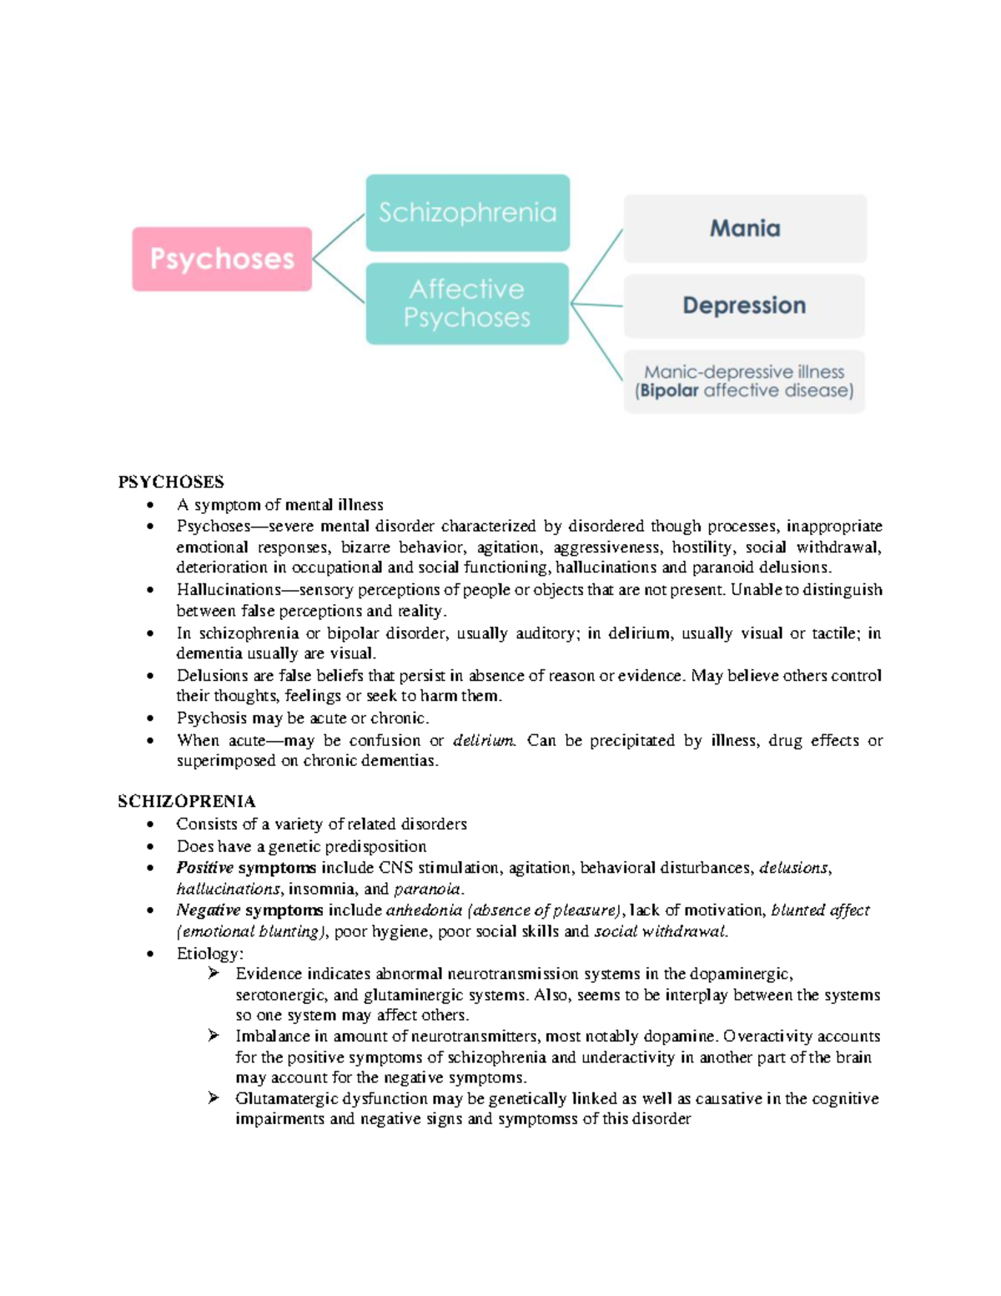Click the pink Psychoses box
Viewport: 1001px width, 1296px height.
pos(222,259)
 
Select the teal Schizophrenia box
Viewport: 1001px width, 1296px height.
pos(467,213)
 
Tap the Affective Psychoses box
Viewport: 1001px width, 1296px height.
pos(467,304)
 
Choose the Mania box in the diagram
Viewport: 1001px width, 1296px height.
pos(745,229)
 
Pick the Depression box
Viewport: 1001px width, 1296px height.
pos(744,305)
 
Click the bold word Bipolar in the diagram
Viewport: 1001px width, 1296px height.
pos(669,391)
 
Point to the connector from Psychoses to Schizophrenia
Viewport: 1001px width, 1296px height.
pos(339,238)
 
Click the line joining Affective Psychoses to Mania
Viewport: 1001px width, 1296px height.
pos(597,266)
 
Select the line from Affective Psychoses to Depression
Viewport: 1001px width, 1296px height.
pos(597,305)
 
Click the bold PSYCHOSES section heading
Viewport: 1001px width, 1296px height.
pos(171,482)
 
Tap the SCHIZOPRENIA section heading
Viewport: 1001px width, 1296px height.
pos(187,801)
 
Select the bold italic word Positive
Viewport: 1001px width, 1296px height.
pos(204,868)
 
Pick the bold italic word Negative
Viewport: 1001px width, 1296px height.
pos(208,910)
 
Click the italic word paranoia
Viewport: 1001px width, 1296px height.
pos(427,889)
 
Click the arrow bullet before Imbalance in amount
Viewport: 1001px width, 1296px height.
pos(214,1036)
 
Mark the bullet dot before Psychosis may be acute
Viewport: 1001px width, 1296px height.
pos(150,719)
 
